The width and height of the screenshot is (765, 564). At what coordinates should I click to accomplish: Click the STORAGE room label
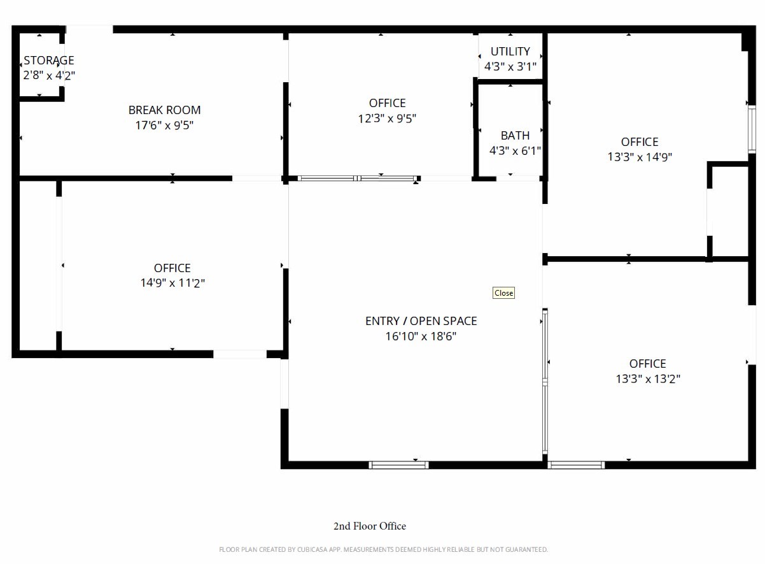pyautogui.click(x=49, y=61)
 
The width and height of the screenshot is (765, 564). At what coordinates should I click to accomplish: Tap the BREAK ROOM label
pyautogui.click(x=164, y=110)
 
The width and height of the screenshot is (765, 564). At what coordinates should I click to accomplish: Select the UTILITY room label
pyautogui.click(x=510, y=52)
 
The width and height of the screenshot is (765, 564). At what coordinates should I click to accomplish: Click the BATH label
pyautogui.click(x=515, y=136)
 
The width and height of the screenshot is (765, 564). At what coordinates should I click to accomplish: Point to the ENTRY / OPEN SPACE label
pyautogui.click(x=421, y=321)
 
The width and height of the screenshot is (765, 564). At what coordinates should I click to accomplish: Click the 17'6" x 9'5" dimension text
pyautogui.click(x=164, y=125)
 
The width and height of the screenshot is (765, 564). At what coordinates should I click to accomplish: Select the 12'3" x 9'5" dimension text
pyautogui.click(x=387, y=119)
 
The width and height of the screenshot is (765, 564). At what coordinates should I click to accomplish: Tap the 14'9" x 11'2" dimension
pyautogui.click(x=172, y=283)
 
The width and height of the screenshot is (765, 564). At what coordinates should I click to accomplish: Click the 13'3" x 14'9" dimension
pyautogui.click(x=640, y=157)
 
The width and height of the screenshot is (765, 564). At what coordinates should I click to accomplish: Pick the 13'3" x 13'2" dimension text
pyautogui.click(x=648, y=379)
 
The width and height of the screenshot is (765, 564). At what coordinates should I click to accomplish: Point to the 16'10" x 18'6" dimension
pyautogui.click(x=421, y=336)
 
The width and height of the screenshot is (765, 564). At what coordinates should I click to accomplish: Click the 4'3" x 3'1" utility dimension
pyautogui.click(x=510, y=66)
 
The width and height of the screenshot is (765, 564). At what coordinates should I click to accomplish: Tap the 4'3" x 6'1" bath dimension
pyautogui.click(x=515, y=150)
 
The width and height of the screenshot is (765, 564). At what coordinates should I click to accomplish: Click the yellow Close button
pyautogui.click(x=503, y=293)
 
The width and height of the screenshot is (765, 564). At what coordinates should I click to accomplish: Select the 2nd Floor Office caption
pyautogui.click(x=370, y=526)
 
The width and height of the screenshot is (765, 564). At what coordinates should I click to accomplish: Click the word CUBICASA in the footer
pyautogui.click(x=312, y=549)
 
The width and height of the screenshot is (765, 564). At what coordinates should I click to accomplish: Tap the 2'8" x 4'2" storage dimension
pyautogui.click(x=49, y=75)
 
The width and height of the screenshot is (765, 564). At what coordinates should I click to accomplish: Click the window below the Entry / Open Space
pyautogui.click(x=398, y=465)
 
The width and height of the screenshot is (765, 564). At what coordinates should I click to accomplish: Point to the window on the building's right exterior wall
pyautogui.click(x=752, y=129)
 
